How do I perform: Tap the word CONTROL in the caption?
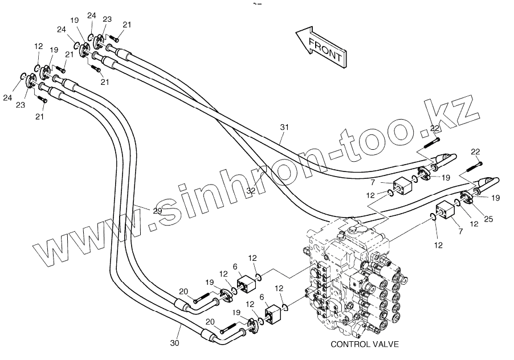[349, 344]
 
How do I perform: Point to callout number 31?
[285, 128]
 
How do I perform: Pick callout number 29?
[158, 210]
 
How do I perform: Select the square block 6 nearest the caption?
[275, 312]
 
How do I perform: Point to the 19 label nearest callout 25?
[495, 198]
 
